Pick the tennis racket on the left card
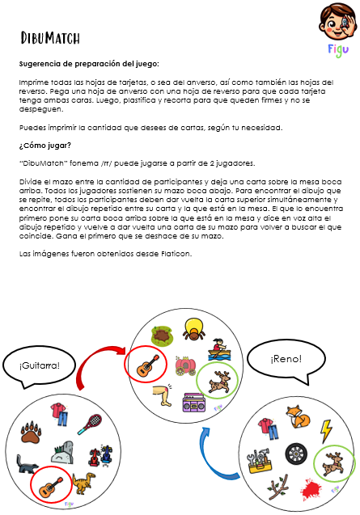[92, 422]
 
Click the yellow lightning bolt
[327, 428]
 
